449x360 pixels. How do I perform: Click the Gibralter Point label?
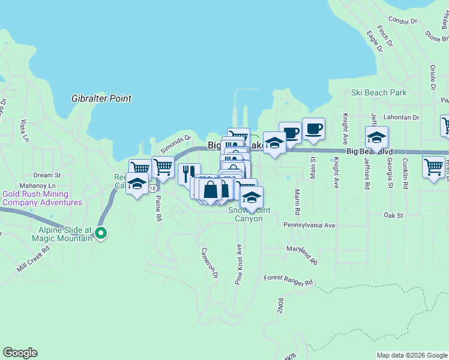(x=101, y=98)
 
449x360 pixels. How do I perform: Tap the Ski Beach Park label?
(x=379, y=93)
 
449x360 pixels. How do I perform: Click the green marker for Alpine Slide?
(x=101, y=233)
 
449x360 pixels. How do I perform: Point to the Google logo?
(x=20, y=353)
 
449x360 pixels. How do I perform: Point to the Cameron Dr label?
(x=209, y=263)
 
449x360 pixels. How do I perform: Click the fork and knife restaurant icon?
(x=188, y=173)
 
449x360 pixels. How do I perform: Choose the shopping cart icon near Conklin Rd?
(x=433, y=166)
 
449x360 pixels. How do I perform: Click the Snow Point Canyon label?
(x=245, y=215)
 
